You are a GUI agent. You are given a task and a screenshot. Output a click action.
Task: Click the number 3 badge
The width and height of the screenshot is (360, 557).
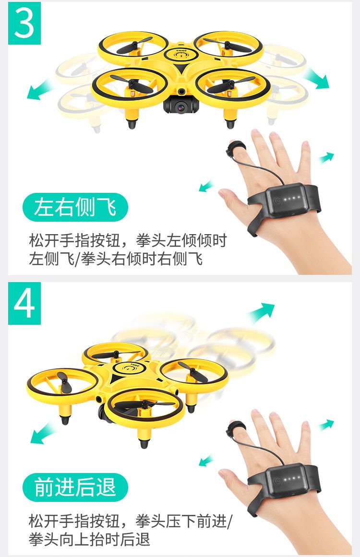(x=24, y=23)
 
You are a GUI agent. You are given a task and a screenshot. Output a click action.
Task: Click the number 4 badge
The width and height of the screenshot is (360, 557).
(x=24, y=303)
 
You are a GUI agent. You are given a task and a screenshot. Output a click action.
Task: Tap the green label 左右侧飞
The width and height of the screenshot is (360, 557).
(x=75, y=207)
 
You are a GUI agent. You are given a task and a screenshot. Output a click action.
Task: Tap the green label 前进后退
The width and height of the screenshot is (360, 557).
(x=75, y=487)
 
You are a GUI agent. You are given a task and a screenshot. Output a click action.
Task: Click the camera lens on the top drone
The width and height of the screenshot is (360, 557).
(x=181, y=107)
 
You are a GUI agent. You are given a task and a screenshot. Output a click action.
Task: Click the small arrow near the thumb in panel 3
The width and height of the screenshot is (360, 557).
(x=206, y=186)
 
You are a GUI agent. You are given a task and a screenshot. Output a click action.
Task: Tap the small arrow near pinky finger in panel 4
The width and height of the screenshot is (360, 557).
(x=326, y=425)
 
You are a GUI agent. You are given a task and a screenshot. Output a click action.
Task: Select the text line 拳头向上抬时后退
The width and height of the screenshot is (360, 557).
(x=90, y=539)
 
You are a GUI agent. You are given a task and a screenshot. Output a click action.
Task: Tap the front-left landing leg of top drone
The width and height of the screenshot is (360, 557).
(x=132, y=117)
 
